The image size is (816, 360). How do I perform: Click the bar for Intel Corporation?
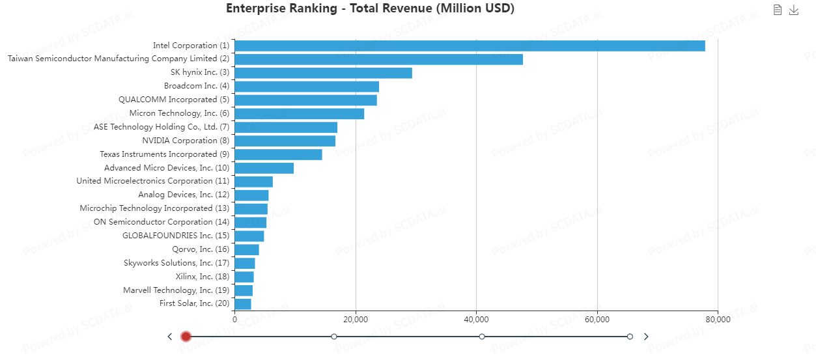click(x=469, y=46)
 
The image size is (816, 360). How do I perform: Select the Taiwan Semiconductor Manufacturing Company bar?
click(x=378, y=59)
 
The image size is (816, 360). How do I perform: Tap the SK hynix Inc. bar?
click(x=323, y=73)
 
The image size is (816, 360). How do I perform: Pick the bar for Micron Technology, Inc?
click(x=299, y=114)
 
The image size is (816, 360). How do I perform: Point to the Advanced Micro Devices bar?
click(x=264, y=168)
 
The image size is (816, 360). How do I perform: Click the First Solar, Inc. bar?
click(x=243, y=304)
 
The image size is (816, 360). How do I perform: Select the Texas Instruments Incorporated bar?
click(x=278, y=154)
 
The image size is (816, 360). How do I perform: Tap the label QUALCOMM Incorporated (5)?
click(x=174, y=100)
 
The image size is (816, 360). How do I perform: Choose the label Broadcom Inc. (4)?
click(x=197, y=86)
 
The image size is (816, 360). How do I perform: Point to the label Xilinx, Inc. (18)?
click(x=203, y=277)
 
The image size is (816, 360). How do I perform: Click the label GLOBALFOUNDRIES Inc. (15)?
click(x=176, y=236)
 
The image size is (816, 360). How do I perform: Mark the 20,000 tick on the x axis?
click(x=355, y=320)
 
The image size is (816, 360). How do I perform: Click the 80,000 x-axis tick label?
click(x=718, y=320)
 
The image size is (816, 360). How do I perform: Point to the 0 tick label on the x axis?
click(x=234, y=320)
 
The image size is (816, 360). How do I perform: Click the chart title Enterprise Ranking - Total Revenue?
click(x=370, y=8)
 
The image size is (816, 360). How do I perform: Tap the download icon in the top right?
click(x=794, y=10)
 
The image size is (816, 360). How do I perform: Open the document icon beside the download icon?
click(x=777, y=10)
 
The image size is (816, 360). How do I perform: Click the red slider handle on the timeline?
click(x=186, y=337)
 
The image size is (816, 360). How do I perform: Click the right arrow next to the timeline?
click(x=646, y=337)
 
